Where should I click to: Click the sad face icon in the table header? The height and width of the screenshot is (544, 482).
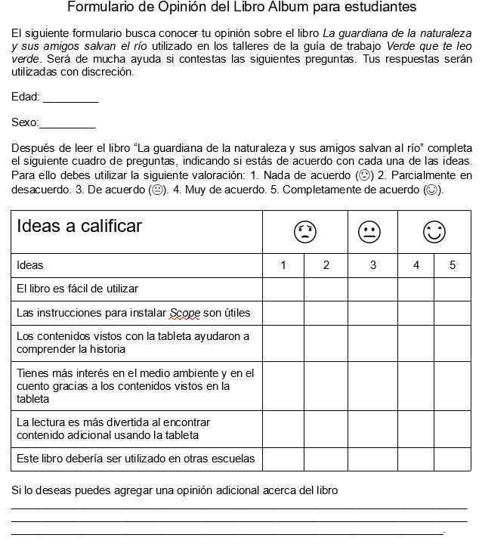coord(304,232)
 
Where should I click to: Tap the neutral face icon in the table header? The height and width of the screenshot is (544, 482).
coord(369,232)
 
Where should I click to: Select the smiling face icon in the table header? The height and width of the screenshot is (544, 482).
coord(434,232)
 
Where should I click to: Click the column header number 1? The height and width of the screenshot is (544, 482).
coord(283,265)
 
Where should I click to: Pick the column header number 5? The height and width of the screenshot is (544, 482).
coord(453,265)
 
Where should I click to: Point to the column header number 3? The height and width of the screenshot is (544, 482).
coord(372,265)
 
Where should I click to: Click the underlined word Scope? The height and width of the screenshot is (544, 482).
coord(184,313)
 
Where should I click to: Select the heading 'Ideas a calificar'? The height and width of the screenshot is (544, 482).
coord(79,226)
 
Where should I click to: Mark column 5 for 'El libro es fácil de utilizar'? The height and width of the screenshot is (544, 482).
coord(453,289)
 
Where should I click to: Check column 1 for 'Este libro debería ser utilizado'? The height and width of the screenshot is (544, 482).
coord(283,459)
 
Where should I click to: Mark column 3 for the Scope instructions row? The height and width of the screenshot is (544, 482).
coord(372,313)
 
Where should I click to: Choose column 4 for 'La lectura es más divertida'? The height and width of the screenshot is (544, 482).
coord(416,428)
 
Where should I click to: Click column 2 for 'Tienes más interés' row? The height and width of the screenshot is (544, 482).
coord(326,386)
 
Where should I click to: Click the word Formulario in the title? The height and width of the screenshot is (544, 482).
coord(98,8)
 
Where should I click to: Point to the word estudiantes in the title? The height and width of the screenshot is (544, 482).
coord(382,8)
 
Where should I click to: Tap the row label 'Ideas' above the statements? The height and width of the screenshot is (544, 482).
coord(30,265)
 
